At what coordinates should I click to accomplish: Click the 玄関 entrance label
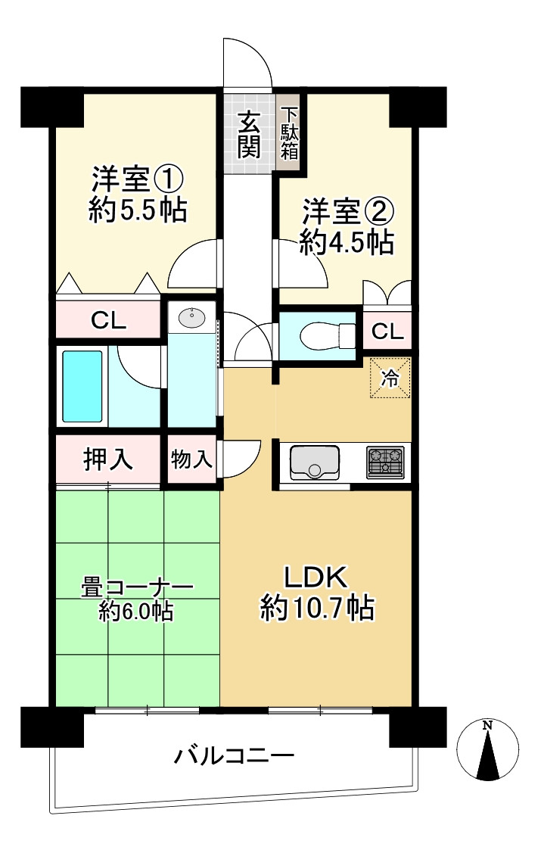tap(249, 134)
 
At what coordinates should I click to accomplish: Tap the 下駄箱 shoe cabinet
tap(289, 132)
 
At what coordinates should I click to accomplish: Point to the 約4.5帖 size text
tap(346, 242)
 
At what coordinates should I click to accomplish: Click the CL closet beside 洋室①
tap(109, 320)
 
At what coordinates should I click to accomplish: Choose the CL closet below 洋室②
tap(387, 331)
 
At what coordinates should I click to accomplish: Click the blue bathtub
tap(82, 386)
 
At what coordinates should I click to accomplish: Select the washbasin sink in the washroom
tap(191, 318)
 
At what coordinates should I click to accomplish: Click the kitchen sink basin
tap(314, 462)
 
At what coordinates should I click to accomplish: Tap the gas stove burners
tap(386, 461)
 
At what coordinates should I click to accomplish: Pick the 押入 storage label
tap(107, 459)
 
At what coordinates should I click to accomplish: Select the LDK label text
tap(316, 578)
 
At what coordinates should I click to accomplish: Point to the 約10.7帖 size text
tap(317, 608)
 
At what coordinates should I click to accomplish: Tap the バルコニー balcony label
tap(234, 755)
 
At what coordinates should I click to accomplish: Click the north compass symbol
tap(488, 750)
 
